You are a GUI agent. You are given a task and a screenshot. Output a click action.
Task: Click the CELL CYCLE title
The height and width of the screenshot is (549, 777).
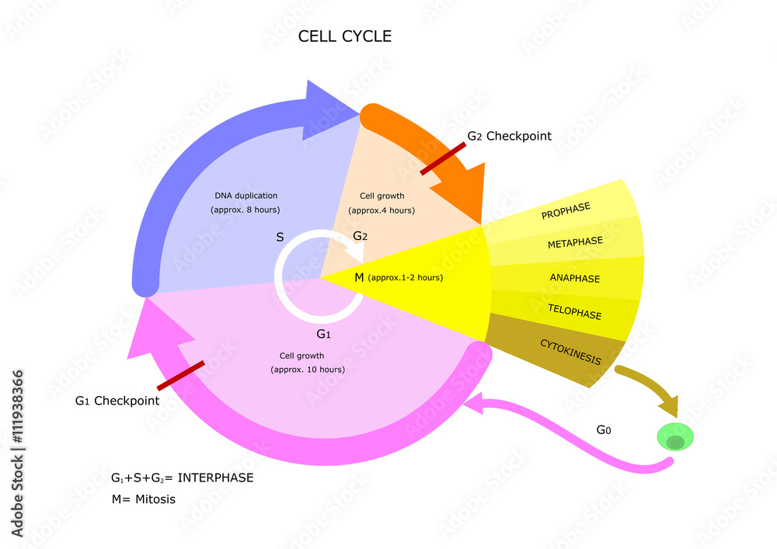coord(345,36)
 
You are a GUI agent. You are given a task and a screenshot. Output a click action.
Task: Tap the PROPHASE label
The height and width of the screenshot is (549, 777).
coord(566,210)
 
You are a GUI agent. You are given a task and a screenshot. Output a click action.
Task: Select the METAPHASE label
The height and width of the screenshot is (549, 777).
coord(575,243)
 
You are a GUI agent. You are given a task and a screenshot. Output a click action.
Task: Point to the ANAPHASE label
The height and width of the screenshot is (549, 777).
coord(575,278)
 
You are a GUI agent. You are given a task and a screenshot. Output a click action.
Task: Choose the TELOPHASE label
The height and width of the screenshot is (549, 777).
coord(575,314)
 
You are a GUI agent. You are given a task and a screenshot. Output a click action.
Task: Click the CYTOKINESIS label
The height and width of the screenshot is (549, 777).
coord(570,352)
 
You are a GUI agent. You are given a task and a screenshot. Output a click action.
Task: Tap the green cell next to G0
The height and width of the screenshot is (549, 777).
coord(674,438)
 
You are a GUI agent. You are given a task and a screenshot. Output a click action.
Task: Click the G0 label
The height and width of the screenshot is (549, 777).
coord(604,429)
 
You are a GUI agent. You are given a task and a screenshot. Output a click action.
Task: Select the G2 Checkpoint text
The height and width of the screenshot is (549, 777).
coord(509,137)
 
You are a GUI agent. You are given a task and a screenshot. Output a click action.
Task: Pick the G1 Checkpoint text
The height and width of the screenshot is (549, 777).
coord(117,401)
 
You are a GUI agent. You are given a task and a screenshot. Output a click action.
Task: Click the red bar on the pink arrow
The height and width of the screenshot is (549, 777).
coord(181,376)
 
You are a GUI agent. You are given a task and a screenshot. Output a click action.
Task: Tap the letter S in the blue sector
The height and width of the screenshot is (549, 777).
coord(280,237)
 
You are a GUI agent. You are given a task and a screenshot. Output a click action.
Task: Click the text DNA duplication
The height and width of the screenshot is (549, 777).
coord(246,196)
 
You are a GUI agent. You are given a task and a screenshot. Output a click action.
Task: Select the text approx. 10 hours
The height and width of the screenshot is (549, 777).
coord(308,369)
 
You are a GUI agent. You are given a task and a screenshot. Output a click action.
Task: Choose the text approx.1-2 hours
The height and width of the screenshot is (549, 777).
coord(406,277)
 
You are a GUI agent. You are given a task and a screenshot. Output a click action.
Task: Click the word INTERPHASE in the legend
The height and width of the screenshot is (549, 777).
coord(216,478)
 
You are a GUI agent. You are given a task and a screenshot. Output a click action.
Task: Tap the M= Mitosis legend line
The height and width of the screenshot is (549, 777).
coord(144,499)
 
